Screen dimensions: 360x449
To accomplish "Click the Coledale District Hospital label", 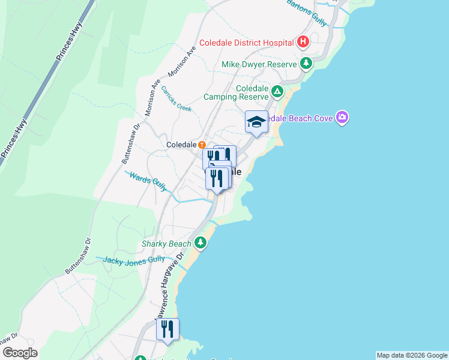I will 246,43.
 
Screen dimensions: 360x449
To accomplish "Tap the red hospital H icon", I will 304,42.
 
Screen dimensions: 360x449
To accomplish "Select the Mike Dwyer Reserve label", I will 259,64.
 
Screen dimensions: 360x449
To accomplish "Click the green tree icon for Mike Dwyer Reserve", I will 306,64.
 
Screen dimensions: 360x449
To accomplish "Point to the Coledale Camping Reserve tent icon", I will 277,92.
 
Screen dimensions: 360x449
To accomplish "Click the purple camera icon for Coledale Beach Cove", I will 342,118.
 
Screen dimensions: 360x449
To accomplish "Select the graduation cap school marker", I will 256,122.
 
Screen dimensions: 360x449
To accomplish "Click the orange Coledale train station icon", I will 202,145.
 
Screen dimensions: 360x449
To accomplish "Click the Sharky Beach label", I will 166,244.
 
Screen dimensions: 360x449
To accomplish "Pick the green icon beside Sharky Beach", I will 200,243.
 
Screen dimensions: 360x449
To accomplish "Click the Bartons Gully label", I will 306,12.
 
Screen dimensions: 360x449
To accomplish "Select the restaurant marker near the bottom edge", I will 167,329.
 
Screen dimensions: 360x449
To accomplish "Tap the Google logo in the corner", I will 20,353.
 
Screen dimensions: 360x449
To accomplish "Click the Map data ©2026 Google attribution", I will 412,355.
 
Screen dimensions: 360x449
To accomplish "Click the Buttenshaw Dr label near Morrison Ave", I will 131,144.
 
